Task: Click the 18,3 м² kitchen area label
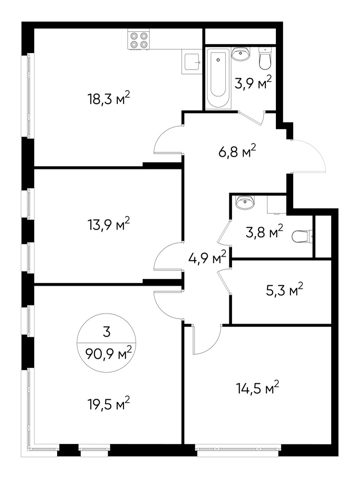click(108, 98)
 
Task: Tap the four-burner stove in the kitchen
click(138, 40)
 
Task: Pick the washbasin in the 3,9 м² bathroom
click(241, 54)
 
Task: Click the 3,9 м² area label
click(253, 83)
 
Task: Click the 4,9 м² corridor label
click(208, 258)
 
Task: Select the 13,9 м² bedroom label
click(108, 225)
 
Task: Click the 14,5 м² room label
click(257, 389)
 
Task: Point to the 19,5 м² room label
click(108, 404)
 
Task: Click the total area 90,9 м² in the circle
click(105, 354)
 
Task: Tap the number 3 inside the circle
click(105, 331)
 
